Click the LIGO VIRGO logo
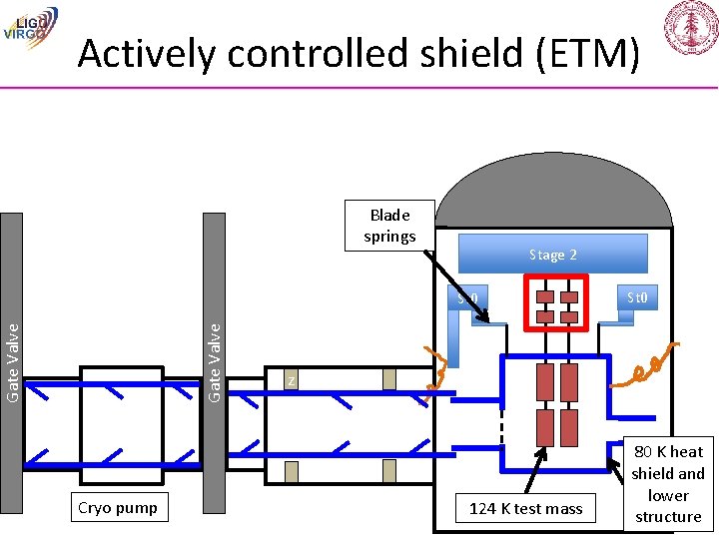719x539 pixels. pyautogui.click(x=31, y=24)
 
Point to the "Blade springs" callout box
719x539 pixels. pyautogui.click(x=389, y=226)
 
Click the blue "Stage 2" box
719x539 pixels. pyautogui.click(x=552, y=255)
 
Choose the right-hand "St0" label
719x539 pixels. pyautogui.click(x=637, y=296)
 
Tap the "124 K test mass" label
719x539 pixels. pyautogui.click(x=525, y=509)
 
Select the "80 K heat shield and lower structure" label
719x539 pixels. pyautogui.click(x=668, y=484)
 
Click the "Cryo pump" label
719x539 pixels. pyautogui.click(x=117, y=508)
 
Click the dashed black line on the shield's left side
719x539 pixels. pyautogui.click(x=502, y=439)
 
